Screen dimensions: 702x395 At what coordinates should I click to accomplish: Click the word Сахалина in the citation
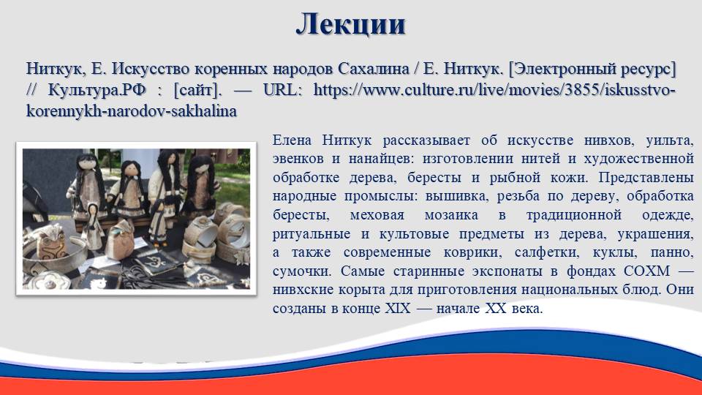374,69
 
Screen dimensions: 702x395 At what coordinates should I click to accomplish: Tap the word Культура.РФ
97,90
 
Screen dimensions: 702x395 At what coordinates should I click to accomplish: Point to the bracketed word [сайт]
197,91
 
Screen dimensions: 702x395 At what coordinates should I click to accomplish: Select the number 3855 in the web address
581,90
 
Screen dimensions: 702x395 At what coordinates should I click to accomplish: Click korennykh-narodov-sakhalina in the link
132,111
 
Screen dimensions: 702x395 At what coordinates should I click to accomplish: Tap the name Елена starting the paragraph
292,140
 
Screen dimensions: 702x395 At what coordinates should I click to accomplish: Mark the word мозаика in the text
451,215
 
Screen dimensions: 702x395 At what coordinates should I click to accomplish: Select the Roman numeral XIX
398,309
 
